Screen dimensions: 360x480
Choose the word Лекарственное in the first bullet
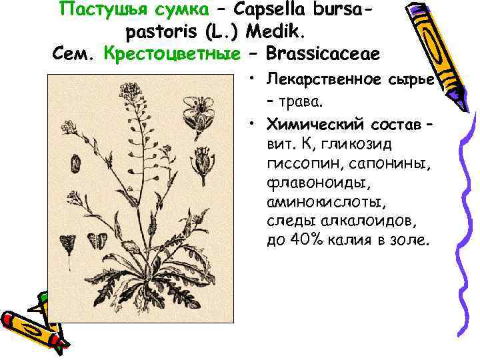[x=324, y=80]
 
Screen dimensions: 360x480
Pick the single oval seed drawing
[x=76, y=162]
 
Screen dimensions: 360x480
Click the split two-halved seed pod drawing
[x=97, y=241]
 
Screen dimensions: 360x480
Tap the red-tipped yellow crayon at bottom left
[x=30, y=323]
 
